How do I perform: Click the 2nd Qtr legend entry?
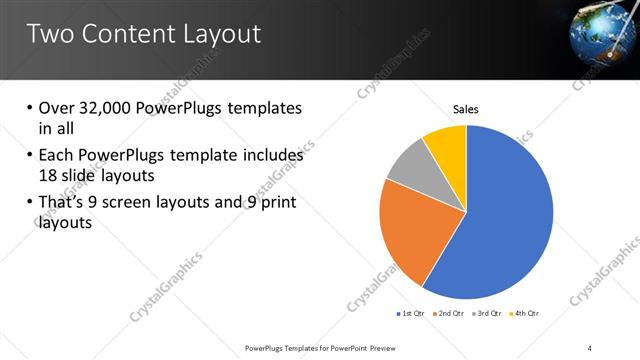click(452, 314)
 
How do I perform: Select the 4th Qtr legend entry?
click(529, 314)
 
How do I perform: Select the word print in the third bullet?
click(276, 203)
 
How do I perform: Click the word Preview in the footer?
click(391, 347)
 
